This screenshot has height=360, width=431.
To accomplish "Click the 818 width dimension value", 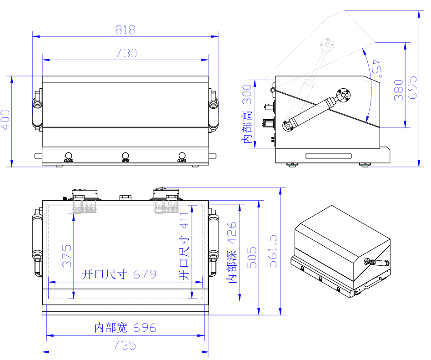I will click(125, 30).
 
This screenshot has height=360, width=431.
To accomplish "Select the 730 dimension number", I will click(125, 53).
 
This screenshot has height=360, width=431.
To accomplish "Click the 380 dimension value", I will click(399, 91).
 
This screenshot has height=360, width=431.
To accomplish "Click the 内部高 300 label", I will click(247, 114).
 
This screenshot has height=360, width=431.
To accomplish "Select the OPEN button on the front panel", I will click(125, 156).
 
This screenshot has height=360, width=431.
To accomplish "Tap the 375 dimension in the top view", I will click(67, 256).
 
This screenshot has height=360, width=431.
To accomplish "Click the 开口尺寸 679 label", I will click(119, 274).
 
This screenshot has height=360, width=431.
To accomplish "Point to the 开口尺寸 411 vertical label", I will click(183, 246).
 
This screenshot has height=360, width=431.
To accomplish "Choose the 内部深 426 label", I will click(232, 253).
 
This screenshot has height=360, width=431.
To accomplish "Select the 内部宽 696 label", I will click(125, 328).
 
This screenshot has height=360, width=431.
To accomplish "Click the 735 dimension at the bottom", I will click(125, 345).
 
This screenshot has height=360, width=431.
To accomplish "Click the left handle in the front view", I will click(36, 109).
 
